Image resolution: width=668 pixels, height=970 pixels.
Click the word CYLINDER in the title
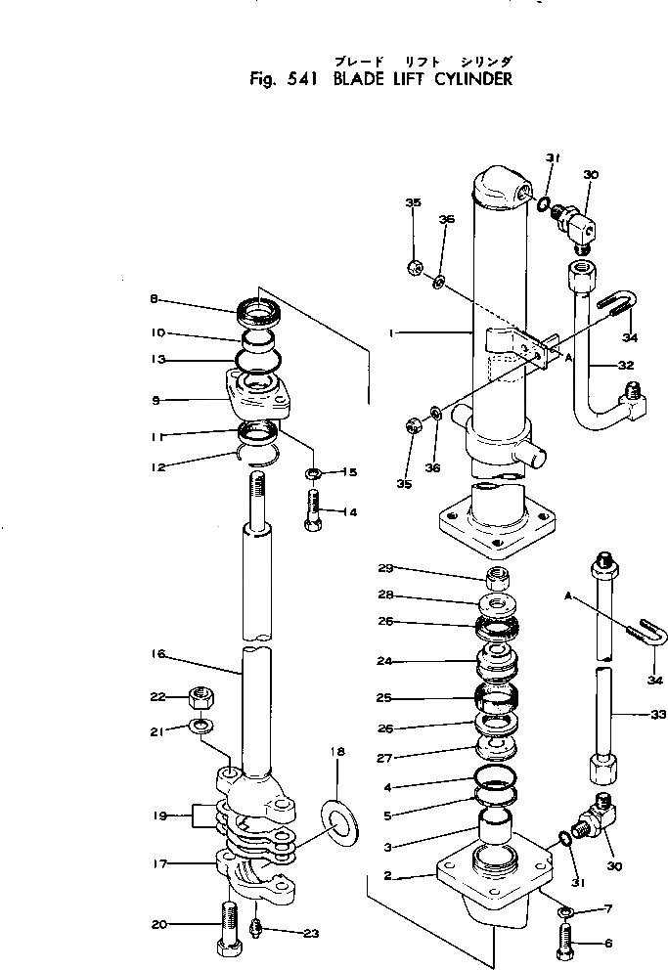pos(468,79)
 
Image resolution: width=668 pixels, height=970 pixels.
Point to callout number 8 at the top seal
pos(155,300)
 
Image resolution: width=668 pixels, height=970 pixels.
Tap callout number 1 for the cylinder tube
pos(391,333)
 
